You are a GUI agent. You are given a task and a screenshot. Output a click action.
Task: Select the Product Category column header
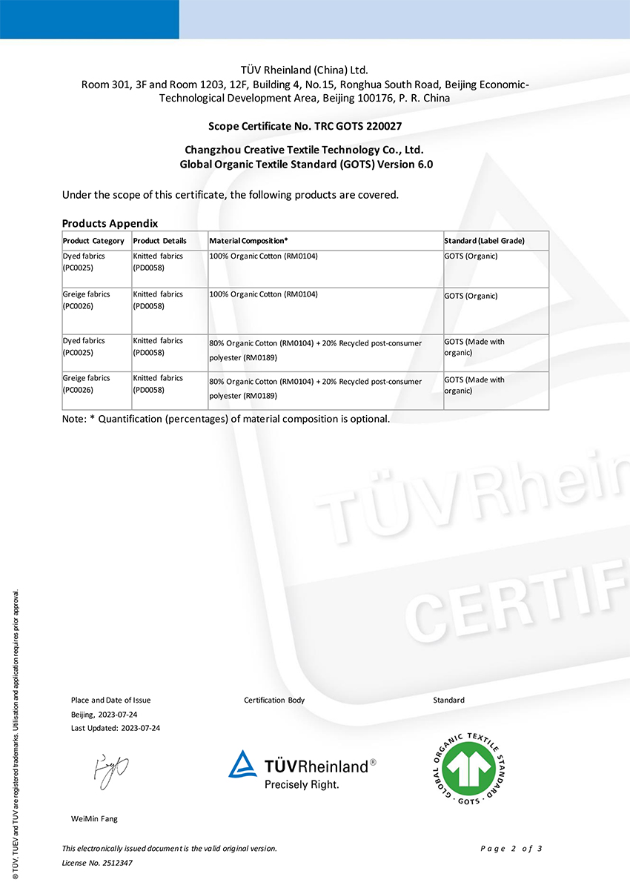93,241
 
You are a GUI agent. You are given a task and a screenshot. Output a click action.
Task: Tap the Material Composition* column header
248,241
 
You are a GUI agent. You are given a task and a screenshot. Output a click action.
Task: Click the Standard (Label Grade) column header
484,241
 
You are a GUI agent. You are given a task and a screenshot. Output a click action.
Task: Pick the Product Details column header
160,241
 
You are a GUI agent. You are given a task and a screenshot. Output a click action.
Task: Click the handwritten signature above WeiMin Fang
110,772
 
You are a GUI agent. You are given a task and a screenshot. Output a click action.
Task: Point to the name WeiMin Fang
94,819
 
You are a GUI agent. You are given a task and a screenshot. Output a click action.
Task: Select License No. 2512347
97,863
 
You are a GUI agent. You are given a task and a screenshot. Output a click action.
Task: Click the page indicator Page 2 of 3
511,849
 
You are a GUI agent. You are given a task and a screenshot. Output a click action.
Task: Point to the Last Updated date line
116,728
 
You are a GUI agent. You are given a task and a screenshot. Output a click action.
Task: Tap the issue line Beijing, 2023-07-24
105,715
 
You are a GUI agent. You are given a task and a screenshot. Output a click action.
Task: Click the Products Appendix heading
110,223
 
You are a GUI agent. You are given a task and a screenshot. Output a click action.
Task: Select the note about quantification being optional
226,419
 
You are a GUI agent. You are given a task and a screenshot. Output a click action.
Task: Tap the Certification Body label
274,700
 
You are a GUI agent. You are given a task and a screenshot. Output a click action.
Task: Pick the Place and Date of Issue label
110,700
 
